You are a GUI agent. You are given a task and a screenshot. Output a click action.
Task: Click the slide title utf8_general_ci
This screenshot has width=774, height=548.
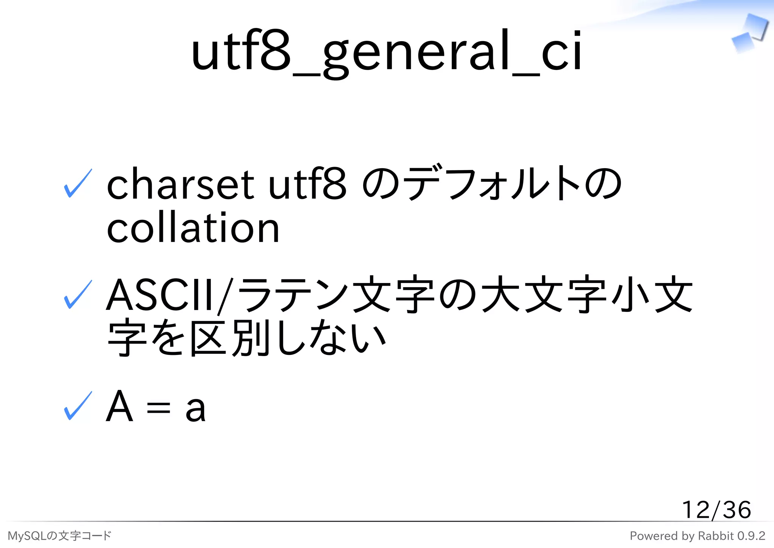coord(386,51)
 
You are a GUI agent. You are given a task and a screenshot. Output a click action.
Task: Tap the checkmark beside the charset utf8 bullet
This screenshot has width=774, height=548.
coord(78,184)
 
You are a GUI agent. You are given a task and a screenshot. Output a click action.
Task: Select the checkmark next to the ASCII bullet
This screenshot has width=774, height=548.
coord(78,295)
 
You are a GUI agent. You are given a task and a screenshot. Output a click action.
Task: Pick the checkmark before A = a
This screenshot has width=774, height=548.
coord(78,406)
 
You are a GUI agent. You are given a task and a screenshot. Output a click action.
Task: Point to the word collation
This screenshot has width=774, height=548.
coord(193,228)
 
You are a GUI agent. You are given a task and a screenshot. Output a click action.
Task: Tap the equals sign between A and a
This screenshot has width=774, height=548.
coord(158,408)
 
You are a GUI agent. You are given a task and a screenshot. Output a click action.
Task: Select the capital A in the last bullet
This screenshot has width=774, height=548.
coord(119,406)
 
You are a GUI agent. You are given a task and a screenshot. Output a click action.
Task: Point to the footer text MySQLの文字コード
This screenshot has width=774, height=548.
coord(59,536)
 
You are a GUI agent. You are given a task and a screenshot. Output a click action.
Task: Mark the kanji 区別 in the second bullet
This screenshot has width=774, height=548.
coord(231,338)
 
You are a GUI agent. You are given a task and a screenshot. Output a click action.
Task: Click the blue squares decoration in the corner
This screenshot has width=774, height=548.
coord(749,33)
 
